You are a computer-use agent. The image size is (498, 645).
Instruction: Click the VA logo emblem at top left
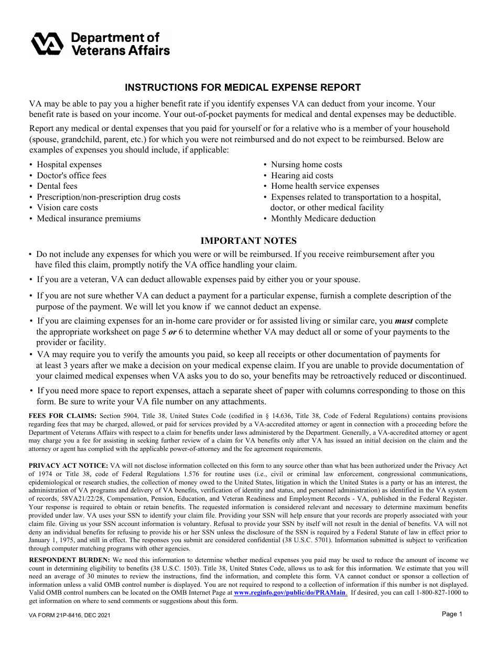click(x=48, y=43)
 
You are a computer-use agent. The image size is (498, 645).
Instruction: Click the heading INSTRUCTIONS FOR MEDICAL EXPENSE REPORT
click(x=242, y=88)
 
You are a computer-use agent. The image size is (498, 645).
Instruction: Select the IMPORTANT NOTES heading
click(x=248, y=241)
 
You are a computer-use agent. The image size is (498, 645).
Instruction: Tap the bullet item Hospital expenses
click(x=69, y=165)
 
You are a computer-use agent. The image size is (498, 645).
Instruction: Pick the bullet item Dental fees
click(x=57, y=186)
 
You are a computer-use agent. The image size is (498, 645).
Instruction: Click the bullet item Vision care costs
click(x=67, y=208)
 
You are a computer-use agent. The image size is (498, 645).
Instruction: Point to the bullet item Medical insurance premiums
click(x=89, y=219)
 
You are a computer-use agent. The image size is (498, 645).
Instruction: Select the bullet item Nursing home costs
click(x=306, y=165)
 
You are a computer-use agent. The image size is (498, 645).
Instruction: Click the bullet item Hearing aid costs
click(x=302, y=176)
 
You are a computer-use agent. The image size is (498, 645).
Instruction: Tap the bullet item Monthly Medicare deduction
click(x=323, y=219)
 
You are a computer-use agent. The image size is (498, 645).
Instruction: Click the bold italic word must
click(x=404, y=321)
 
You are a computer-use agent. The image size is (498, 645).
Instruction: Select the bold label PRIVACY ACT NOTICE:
click(x=68, y=465)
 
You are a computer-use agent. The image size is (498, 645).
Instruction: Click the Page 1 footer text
click(x=452, y=614)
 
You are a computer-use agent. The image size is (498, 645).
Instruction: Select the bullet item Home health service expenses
click(x=324, y=186)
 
